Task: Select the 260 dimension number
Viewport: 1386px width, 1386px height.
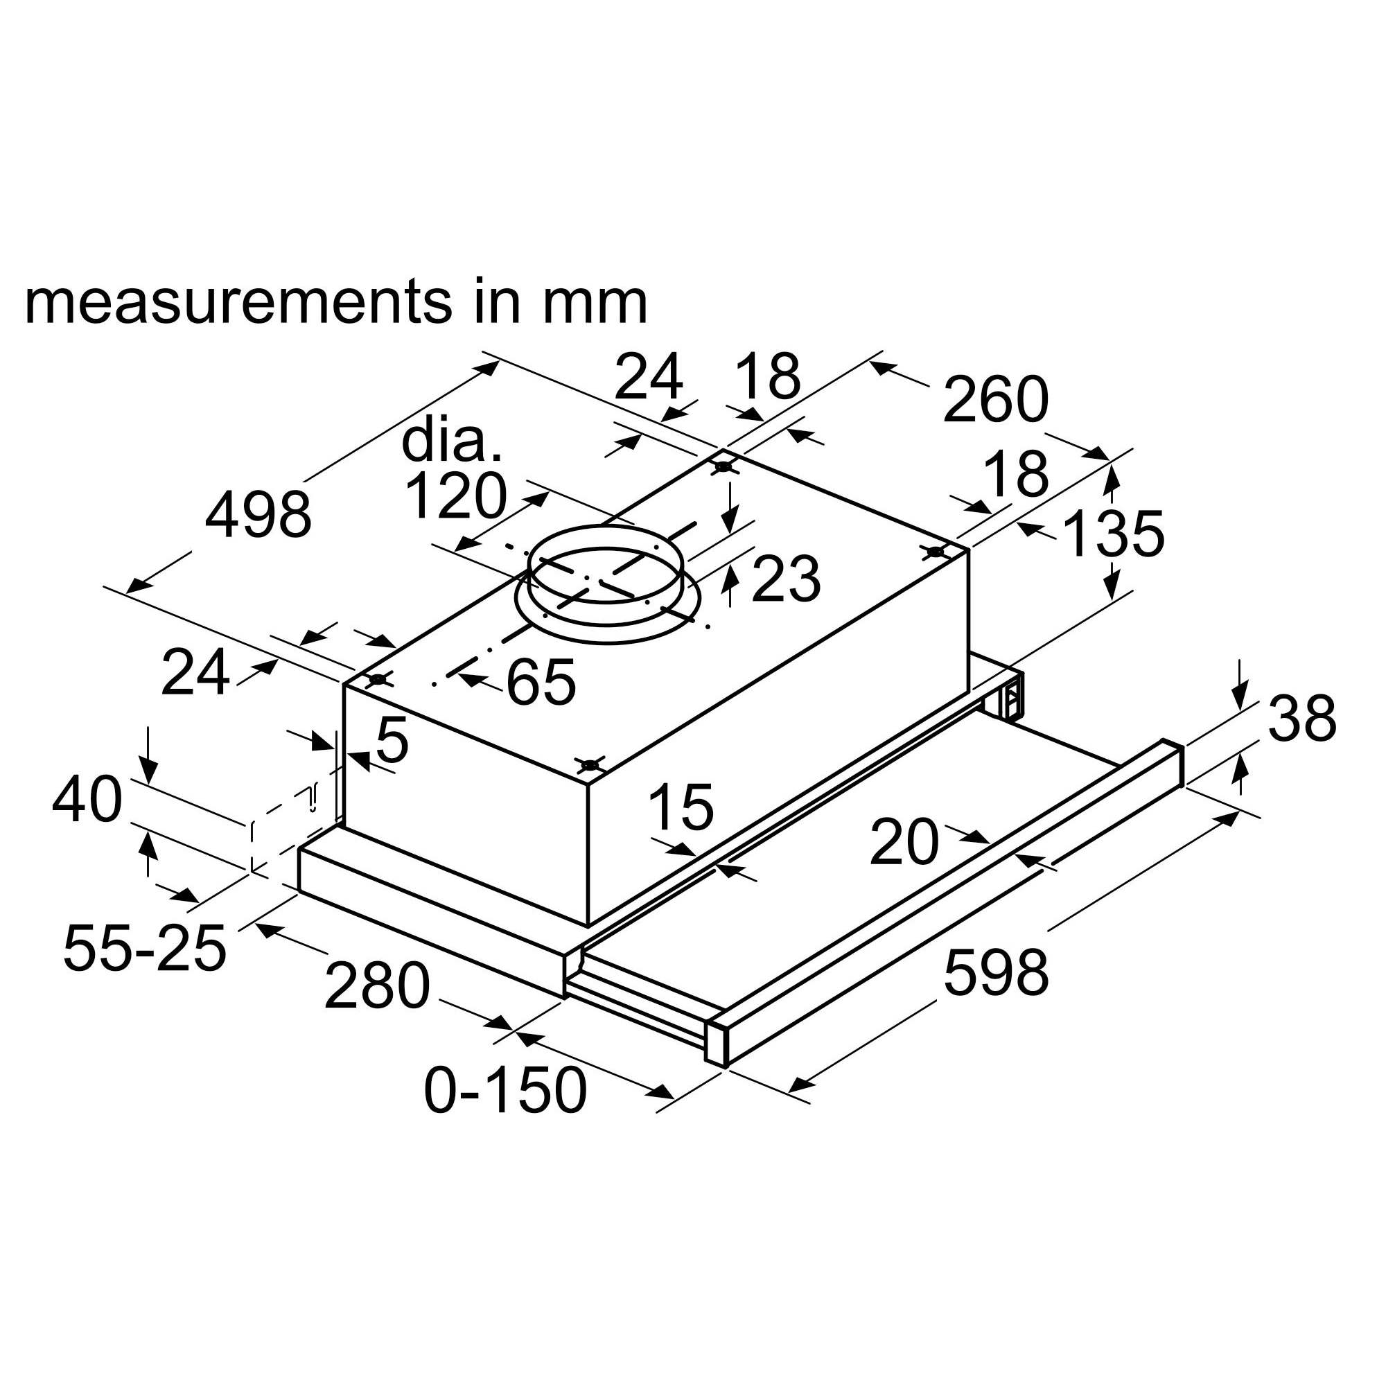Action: point(996,400)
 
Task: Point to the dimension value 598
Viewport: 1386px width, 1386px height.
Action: point(996,972)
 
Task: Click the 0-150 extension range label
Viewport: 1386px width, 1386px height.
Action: point(506,1090)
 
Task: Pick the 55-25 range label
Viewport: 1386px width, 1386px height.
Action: point(145,949)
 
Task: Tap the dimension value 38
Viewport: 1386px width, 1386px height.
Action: point(1302,718)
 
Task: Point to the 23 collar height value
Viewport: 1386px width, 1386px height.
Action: point(786,579)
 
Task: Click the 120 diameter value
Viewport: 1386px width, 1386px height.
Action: point(456,495)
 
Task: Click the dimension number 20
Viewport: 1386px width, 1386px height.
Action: point(904,841)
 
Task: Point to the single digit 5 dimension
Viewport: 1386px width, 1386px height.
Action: point(392,739)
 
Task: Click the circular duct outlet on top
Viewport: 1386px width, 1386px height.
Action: point(607,583)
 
